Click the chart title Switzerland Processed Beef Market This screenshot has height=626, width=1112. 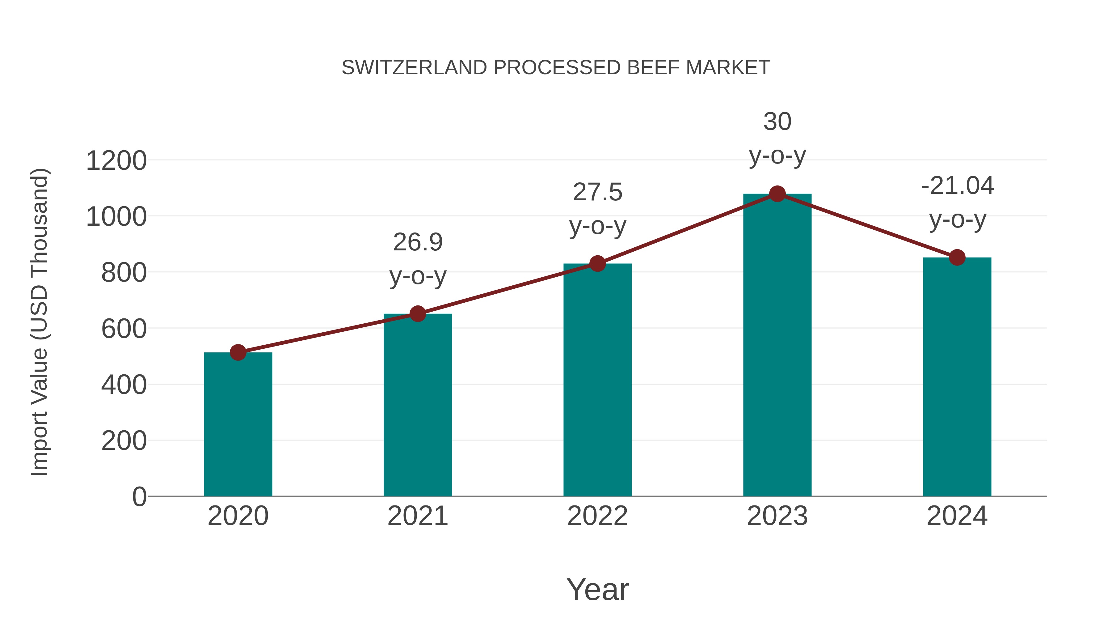tap(556, 68)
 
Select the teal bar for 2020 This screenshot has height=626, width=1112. tap(238, 426)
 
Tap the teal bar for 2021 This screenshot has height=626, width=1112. tap(417, 406)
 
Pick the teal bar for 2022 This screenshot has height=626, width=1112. tap(597, 380)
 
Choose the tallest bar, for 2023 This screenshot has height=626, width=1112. tap(777, 346)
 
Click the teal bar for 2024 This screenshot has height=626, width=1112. tap(957, 378)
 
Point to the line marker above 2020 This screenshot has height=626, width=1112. tap(238, 352)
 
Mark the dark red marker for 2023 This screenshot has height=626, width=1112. tap(777, 194)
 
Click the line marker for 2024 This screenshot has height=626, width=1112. tap(957, 258)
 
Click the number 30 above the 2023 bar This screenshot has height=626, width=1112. tap(777, 122)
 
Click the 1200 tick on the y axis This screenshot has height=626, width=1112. tap(116, 161)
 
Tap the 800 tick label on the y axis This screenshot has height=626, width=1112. tap(124, 273)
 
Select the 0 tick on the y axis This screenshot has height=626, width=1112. tap(139, 496)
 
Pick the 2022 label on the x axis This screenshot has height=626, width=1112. tap(597, 516)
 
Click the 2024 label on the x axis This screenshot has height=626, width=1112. tap(957, 516)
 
